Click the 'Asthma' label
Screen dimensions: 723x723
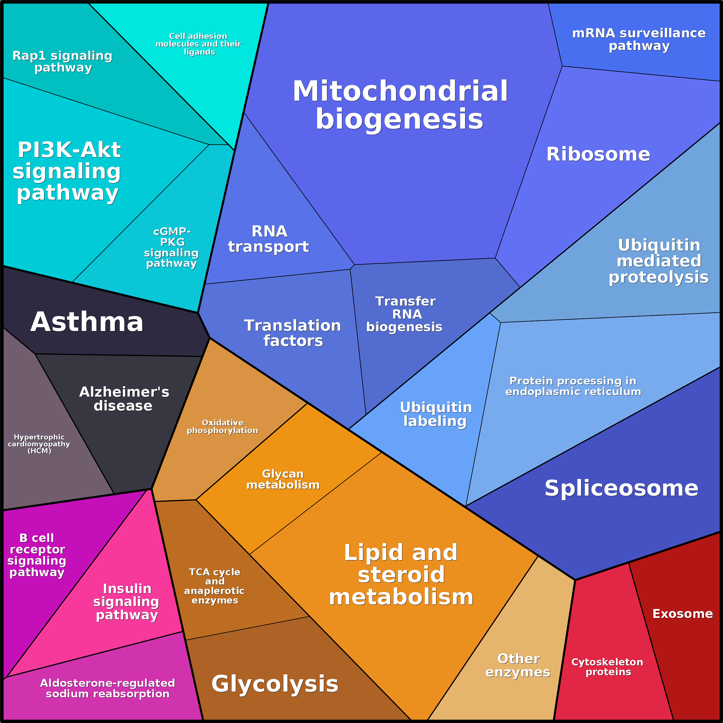click(87, 322)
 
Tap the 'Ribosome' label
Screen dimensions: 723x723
click(598, 154)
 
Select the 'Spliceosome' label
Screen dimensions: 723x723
click(621, 488)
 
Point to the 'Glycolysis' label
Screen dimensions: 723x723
click(275, 684)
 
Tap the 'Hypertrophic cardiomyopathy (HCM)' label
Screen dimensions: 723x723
click(39, 444)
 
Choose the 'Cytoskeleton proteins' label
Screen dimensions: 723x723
click(607, 667)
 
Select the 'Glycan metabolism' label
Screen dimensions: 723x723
click(283, 480)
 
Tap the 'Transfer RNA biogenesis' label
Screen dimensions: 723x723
click(405, 314)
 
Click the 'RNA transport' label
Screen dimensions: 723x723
click(269, 239)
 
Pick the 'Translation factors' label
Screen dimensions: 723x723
click(293, 333)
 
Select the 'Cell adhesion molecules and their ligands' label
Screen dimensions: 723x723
click(198, 44)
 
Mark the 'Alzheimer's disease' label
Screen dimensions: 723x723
click(124, 399)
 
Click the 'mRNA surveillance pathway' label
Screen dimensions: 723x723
click(639, 39)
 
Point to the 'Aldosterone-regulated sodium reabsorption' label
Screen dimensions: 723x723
click(107, 688)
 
